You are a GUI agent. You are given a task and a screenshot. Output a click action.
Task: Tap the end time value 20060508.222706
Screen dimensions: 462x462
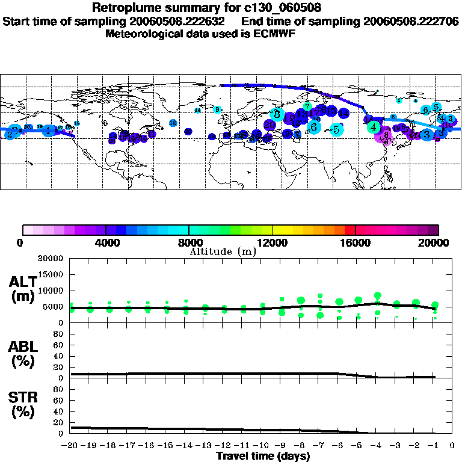point(411,21)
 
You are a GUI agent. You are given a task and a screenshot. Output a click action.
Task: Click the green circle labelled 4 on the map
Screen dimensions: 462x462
point(374,127)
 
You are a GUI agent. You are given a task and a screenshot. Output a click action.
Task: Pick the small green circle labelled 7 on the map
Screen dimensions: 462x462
point(307,106)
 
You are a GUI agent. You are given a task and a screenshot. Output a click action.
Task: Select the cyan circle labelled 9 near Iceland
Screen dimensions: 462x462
point(217,109)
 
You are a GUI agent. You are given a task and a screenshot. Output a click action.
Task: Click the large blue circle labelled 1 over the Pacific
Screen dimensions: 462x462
point(49,130)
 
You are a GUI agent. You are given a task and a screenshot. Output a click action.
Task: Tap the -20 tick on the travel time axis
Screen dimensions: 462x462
point(70,446)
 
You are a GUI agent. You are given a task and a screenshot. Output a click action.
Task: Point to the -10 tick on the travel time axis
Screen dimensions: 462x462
point(261,446)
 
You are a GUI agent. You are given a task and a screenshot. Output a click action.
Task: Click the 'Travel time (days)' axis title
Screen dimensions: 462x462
point(263,457)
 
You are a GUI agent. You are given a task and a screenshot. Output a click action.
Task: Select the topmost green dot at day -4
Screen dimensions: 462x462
point(377,295)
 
